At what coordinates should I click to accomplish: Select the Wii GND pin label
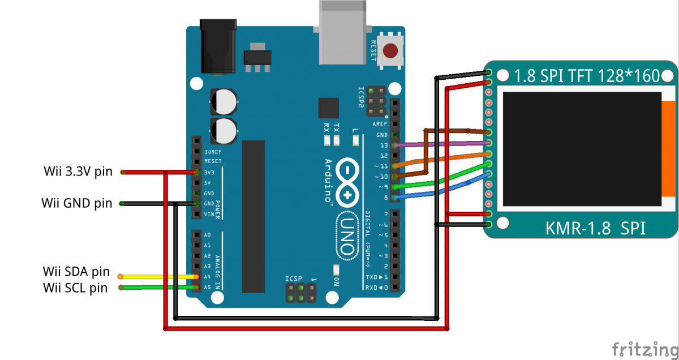(77, 203)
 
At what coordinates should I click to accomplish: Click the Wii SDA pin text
(76, 272)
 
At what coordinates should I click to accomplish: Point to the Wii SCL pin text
(75, 288)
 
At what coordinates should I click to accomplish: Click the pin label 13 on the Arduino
(384, 145)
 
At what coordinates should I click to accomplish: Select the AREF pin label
(380, 125)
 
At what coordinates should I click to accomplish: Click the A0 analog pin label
(208, 235)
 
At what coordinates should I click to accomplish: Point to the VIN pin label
(209, 214)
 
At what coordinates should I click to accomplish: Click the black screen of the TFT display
(582, 149)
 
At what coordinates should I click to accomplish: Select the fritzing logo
(643, 348)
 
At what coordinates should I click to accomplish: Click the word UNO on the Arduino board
(348, 231)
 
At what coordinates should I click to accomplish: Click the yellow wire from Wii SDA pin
(158, 277)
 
